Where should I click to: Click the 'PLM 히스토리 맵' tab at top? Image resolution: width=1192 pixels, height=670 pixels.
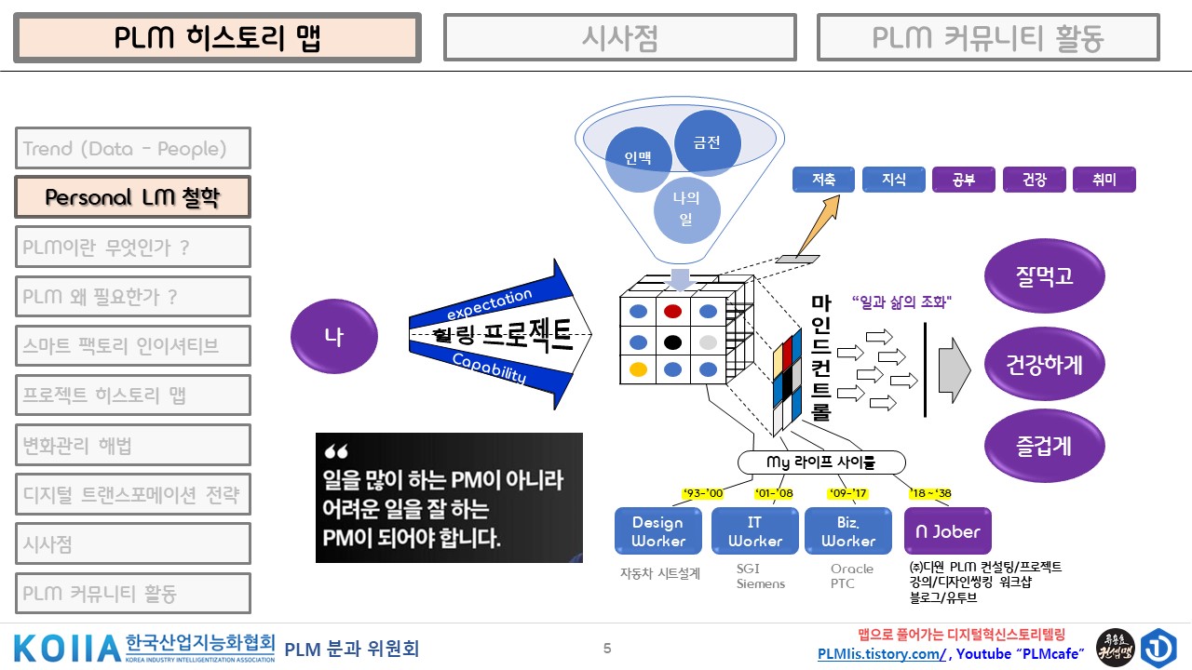point(218,38)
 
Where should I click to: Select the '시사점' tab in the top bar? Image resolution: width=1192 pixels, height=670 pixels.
point(619,38)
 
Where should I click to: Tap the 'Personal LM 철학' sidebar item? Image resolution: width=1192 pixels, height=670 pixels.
point(133,197)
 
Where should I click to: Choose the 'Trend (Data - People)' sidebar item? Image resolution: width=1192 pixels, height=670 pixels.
point(133,148)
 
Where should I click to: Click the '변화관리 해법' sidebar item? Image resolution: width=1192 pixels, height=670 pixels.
point(133,445)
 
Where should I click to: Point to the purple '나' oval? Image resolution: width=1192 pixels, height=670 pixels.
point(334,337)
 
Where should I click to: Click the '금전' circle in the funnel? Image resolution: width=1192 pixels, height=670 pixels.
point(708,142)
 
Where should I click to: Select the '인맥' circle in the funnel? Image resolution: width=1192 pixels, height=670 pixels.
point(638,158)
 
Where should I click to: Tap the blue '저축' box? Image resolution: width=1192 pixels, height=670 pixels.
point(823,180)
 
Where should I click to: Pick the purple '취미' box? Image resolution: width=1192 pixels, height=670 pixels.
point(1104,180)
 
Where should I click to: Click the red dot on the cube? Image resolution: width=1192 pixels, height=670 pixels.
point(672,311)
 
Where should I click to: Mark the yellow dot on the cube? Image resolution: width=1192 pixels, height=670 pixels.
point(638,369)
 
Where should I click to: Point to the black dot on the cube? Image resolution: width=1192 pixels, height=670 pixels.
point(672,341)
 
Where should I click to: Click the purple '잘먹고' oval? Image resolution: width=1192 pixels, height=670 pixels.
point(1044,275)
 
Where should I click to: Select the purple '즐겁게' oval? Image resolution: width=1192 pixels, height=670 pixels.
point(1044,446)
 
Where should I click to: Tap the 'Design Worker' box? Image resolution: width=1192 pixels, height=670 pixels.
point(657,531)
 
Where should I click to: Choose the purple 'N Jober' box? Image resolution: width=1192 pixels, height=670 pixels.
point(948,531)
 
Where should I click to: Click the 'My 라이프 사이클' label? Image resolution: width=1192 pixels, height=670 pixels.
point(820,462)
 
